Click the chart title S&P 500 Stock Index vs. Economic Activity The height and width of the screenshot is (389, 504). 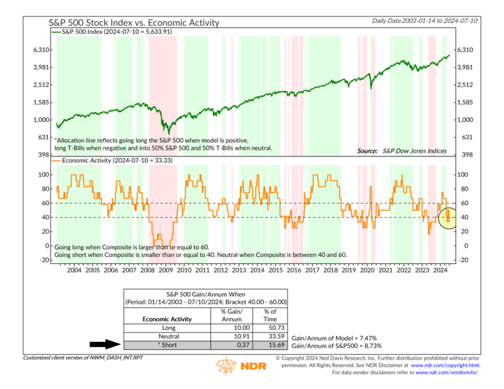pyautogui.click(x=134, y=23)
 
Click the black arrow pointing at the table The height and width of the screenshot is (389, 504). pyautogui.click(x=104, y=345)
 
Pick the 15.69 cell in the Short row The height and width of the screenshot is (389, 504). pyautogui.click(x=270, y=345)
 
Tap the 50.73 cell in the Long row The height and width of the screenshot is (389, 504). pyautogui.click(x=270, y=327)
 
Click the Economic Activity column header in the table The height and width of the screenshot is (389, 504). pyautogui.click(x=167, y=319)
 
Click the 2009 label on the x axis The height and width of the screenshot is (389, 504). pyautogui.click(x=165, y=270)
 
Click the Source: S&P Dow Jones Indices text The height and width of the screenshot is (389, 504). pyautogui.click(x=402, y=151)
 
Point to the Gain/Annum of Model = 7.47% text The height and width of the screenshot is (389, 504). pyautogui.click(x=334, y=338)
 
